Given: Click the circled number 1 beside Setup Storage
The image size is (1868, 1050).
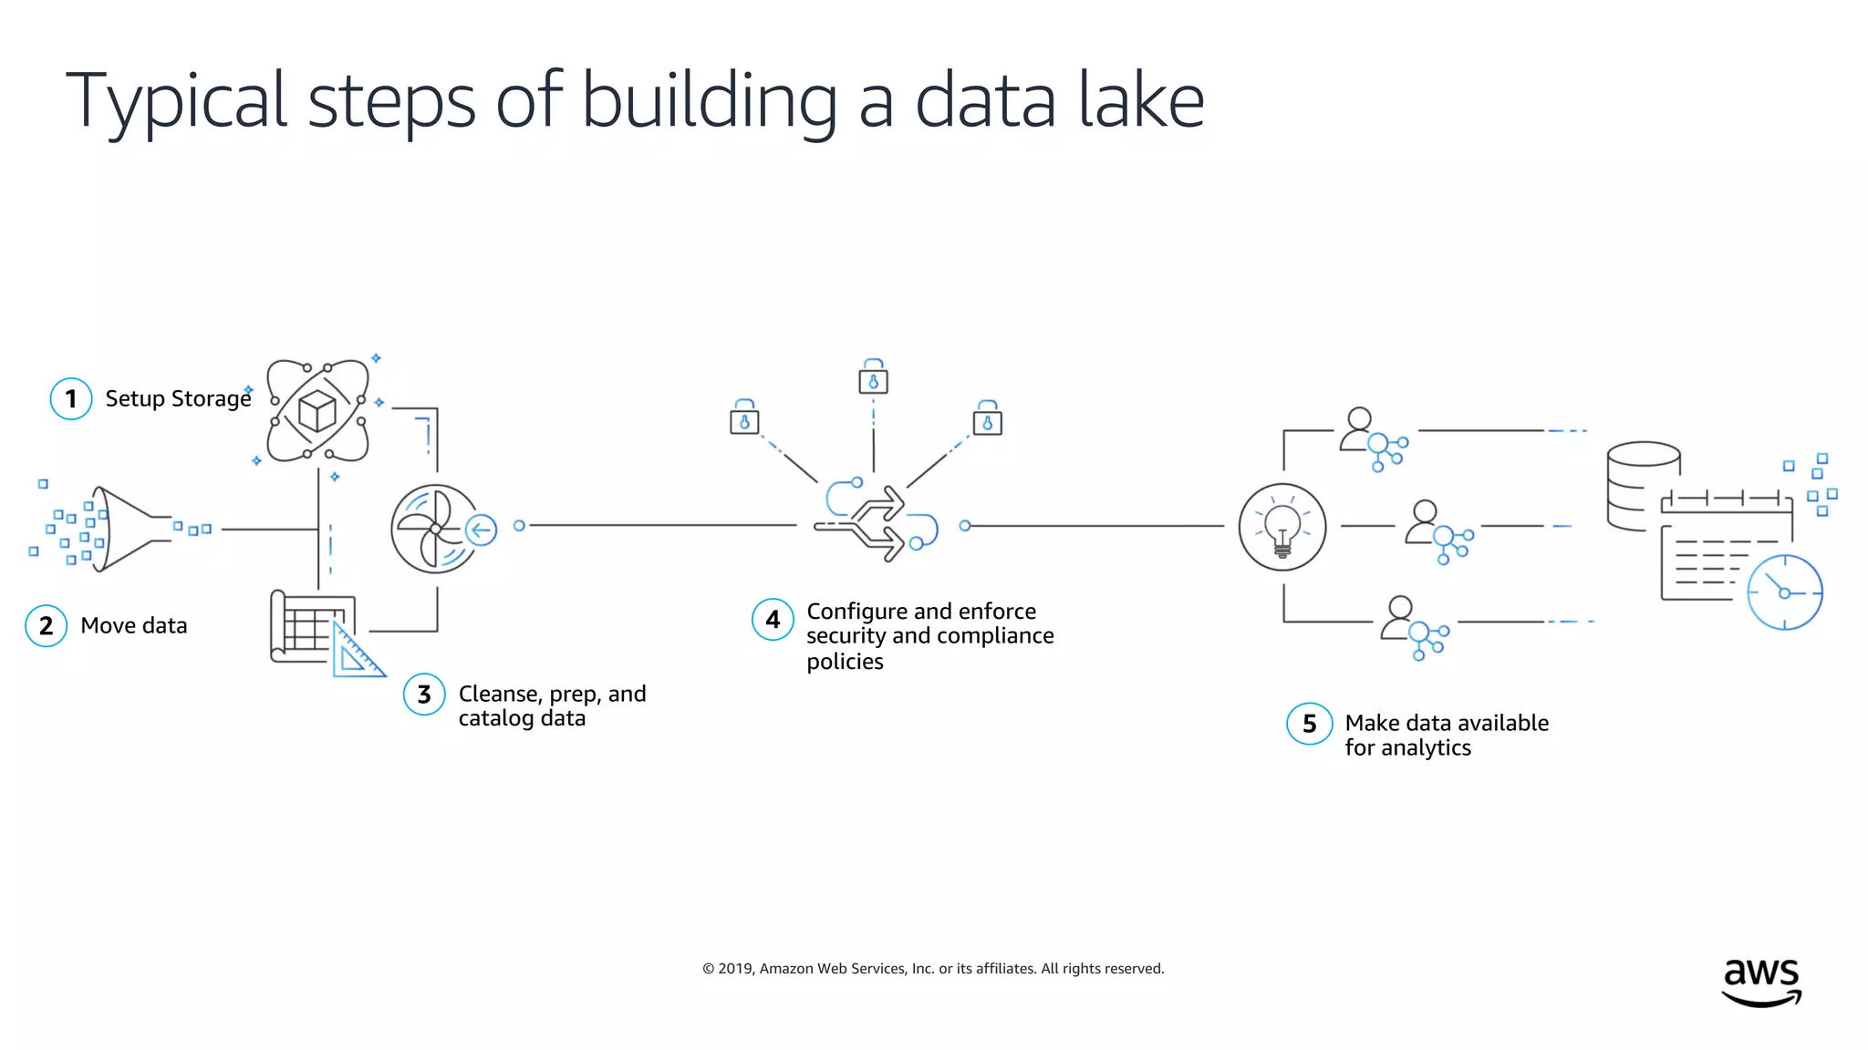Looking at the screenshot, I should [70, 398].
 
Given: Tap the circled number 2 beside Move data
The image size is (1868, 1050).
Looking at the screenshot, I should [46, 626].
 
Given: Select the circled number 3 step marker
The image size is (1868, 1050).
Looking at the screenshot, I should [424, 695].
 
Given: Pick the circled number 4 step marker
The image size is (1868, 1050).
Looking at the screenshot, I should [773, 620].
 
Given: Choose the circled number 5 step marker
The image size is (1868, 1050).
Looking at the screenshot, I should [1309, 724].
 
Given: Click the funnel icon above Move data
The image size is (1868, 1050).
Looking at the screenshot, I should [128, 529].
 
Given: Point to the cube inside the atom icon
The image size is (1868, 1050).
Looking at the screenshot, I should [317, 410].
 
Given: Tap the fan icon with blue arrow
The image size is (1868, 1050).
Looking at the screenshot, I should [436, 529].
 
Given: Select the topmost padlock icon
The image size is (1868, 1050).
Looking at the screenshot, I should [873, 377].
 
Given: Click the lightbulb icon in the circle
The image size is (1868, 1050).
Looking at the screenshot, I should [1282, 527].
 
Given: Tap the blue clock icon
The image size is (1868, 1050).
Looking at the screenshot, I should [1784, 592].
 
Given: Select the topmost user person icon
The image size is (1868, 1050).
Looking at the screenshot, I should [1359, 428].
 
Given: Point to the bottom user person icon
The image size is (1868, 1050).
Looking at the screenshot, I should [1399, 618].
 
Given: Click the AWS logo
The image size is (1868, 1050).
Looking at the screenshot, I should [1760, 982].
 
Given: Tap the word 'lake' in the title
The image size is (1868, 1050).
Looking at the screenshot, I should [1140, 100].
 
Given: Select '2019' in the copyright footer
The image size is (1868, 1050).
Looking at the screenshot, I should [735, 968].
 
